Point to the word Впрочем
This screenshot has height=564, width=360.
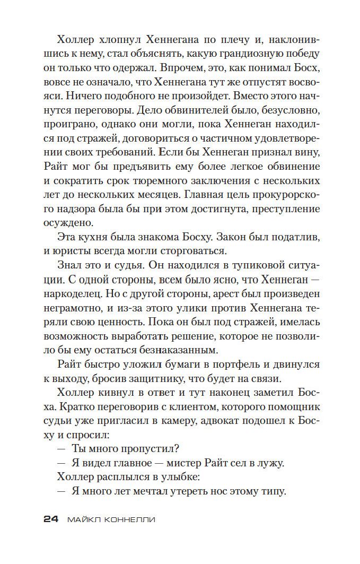pos(178,68)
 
